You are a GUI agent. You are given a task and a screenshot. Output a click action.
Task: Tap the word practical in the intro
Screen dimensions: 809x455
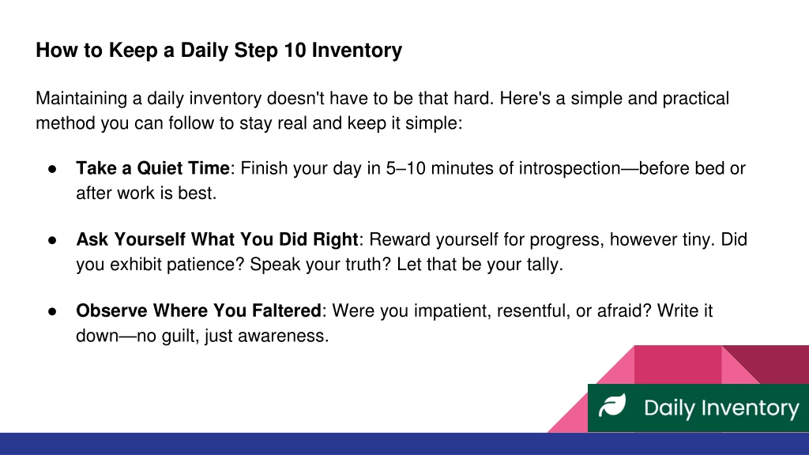(695, 99)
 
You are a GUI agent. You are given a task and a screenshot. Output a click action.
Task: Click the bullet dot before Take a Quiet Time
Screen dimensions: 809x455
(52, 169)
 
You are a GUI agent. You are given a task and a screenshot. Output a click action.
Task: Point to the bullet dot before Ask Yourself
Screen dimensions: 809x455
(52, 240)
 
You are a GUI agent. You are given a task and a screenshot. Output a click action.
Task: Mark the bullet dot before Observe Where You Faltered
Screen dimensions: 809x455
(52, 311)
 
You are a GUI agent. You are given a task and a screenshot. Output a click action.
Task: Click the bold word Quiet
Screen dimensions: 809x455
(158, 168)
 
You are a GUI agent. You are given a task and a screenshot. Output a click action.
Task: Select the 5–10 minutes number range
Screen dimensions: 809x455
(405, 168)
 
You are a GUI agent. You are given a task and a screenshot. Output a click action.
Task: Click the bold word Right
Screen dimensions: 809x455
(336, 240)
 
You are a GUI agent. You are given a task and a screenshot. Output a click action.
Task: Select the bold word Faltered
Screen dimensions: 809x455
(286, 310)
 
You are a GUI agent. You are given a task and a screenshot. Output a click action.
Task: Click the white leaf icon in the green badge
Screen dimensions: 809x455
(612, 405)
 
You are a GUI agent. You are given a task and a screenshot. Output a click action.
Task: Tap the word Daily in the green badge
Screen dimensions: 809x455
(669, 408)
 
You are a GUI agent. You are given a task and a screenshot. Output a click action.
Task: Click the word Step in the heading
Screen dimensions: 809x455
(256, 51)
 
